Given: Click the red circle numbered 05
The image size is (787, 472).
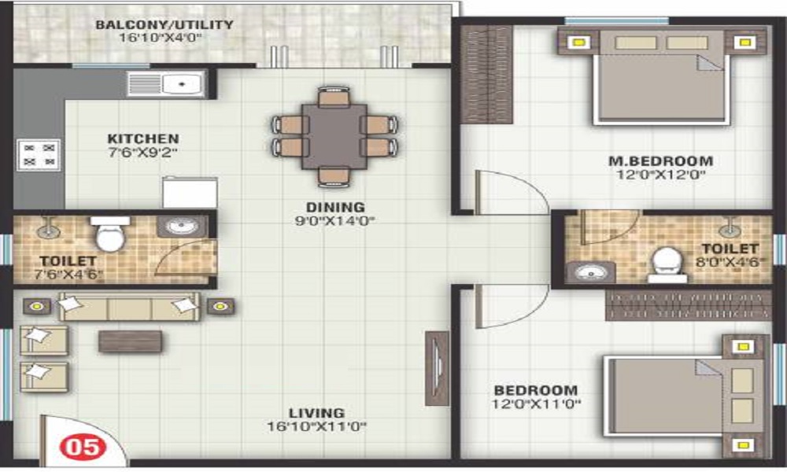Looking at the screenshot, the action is (83, 446).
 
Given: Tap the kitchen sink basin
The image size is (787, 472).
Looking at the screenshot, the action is (182, 83).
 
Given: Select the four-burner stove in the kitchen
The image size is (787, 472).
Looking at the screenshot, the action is (39, 155).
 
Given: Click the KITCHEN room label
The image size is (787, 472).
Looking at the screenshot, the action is (143, 138).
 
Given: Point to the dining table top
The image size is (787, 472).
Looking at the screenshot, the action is (334, 136).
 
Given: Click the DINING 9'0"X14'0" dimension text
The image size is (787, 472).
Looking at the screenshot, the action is (335, 221).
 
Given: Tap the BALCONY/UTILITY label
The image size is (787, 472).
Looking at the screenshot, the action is (164, 24).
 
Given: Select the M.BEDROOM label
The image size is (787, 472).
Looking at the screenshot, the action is (660, 161).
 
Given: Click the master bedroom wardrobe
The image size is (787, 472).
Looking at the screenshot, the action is (486, 74).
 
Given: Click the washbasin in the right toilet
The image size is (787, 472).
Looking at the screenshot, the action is (591, 272).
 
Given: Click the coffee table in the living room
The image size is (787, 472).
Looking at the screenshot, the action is (131, 341).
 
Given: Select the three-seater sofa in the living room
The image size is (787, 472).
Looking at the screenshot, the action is (129, 307).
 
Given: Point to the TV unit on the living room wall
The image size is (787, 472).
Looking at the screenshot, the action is (437, 368).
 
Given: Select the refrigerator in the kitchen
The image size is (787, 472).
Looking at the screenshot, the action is (190, 192).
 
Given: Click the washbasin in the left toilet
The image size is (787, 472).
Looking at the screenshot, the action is (182, 227).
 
